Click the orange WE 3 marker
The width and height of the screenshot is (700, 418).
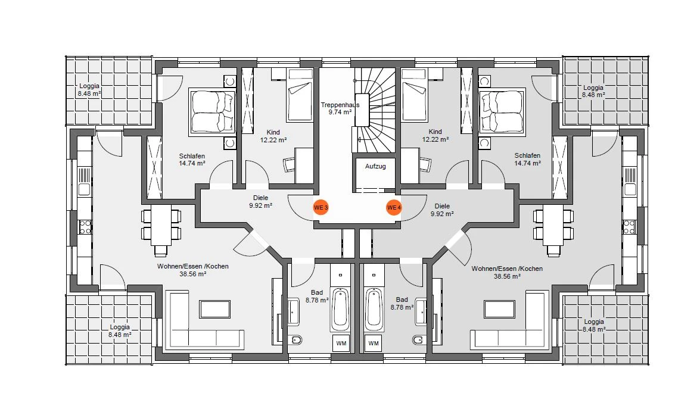(x=321, y=207)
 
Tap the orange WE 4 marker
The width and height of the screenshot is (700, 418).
(x=394, y=207)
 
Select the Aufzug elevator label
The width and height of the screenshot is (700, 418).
(x=375, y=166)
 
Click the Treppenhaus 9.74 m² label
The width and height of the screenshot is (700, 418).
(x=340, y=108)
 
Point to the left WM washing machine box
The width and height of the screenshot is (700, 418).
(x=341, y=344)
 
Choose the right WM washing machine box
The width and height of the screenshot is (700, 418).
(x=373, y=344)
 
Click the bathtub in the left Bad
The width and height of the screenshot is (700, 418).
(x=340, y=309)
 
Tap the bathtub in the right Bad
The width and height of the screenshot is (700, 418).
(x=374, y=309)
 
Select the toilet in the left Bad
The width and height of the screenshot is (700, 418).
(x=296, y=341)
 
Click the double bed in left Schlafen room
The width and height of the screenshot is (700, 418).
(x=213, y=111)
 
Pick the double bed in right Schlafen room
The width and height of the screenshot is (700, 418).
(x=502, y=111)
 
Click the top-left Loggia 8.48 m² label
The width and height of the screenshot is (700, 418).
(x=89, y=90)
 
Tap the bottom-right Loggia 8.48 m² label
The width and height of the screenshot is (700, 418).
(x=594, y=325)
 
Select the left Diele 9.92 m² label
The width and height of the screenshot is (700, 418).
(x=261, y=202)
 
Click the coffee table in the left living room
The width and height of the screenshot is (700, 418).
(x=215, y=308)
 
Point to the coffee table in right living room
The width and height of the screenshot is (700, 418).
(x=500, y=308)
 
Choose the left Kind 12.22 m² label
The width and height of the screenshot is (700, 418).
(x=273, y=136)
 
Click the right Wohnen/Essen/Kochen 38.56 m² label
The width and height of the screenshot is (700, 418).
(x=507, y=272)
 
